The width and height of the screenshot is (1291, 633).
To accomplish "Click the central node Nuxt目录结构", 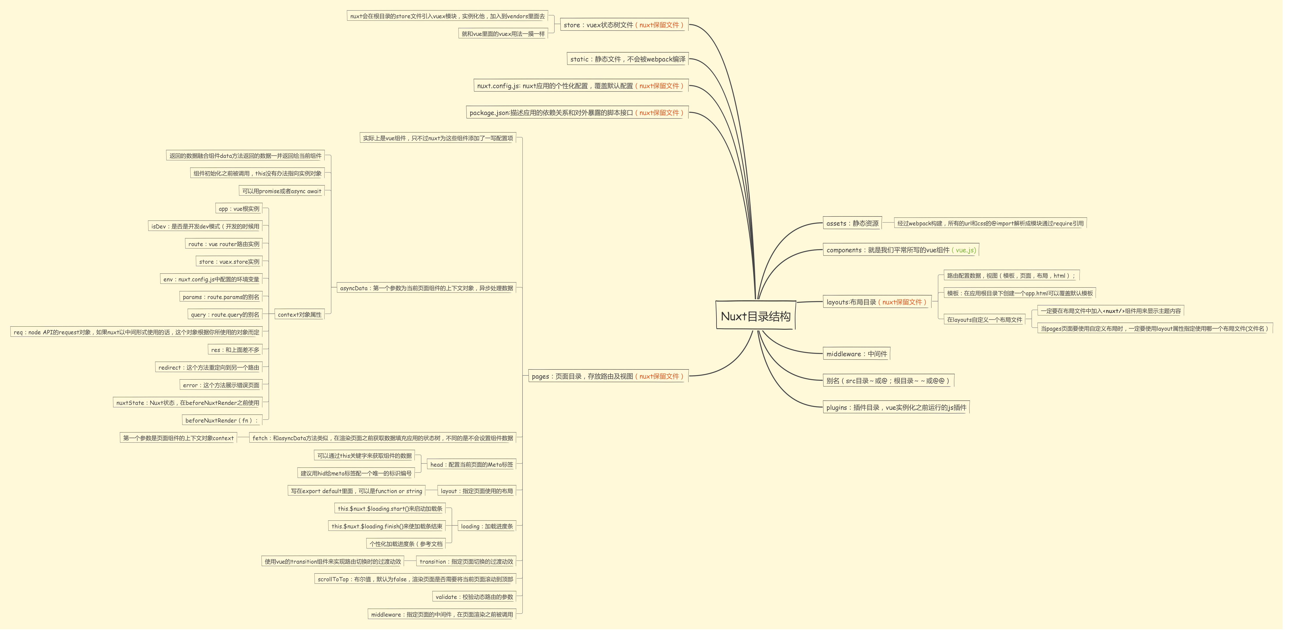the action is [755, 316].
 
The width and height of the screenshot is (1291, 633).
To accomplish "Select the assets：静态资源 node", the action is [852, 224].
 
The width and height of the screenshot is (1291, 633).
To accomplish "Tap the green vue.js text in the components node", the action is [965, 250].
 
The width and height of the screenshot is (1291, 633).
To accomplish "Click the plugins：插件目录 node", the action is [896, 408].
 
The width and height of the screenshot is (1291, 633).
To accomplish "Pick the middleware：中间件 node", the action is [857, 354].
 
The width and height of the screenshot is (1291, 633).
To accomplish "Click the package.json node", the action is [576, 113].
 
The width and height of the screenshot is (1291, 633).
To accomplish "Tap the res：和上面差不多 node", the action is [235, 350].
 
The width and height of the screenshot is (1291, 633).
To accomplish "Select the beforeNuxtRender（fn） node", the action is [221, 420].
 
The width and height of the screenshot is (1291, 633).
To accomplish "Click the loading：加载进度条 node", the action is [487, 526].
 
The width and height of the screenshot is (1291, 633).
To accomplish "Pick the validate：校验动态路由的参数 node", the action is [474, 597].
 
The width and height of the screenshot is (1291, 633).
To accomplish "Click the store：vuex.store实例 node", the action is [229, 262].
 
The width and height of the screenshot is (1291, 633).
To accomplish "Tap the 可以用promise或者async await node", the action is [282, 191].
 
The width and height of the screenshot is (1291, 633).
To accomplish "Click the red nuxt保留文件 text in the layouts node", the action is [902, 302].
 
